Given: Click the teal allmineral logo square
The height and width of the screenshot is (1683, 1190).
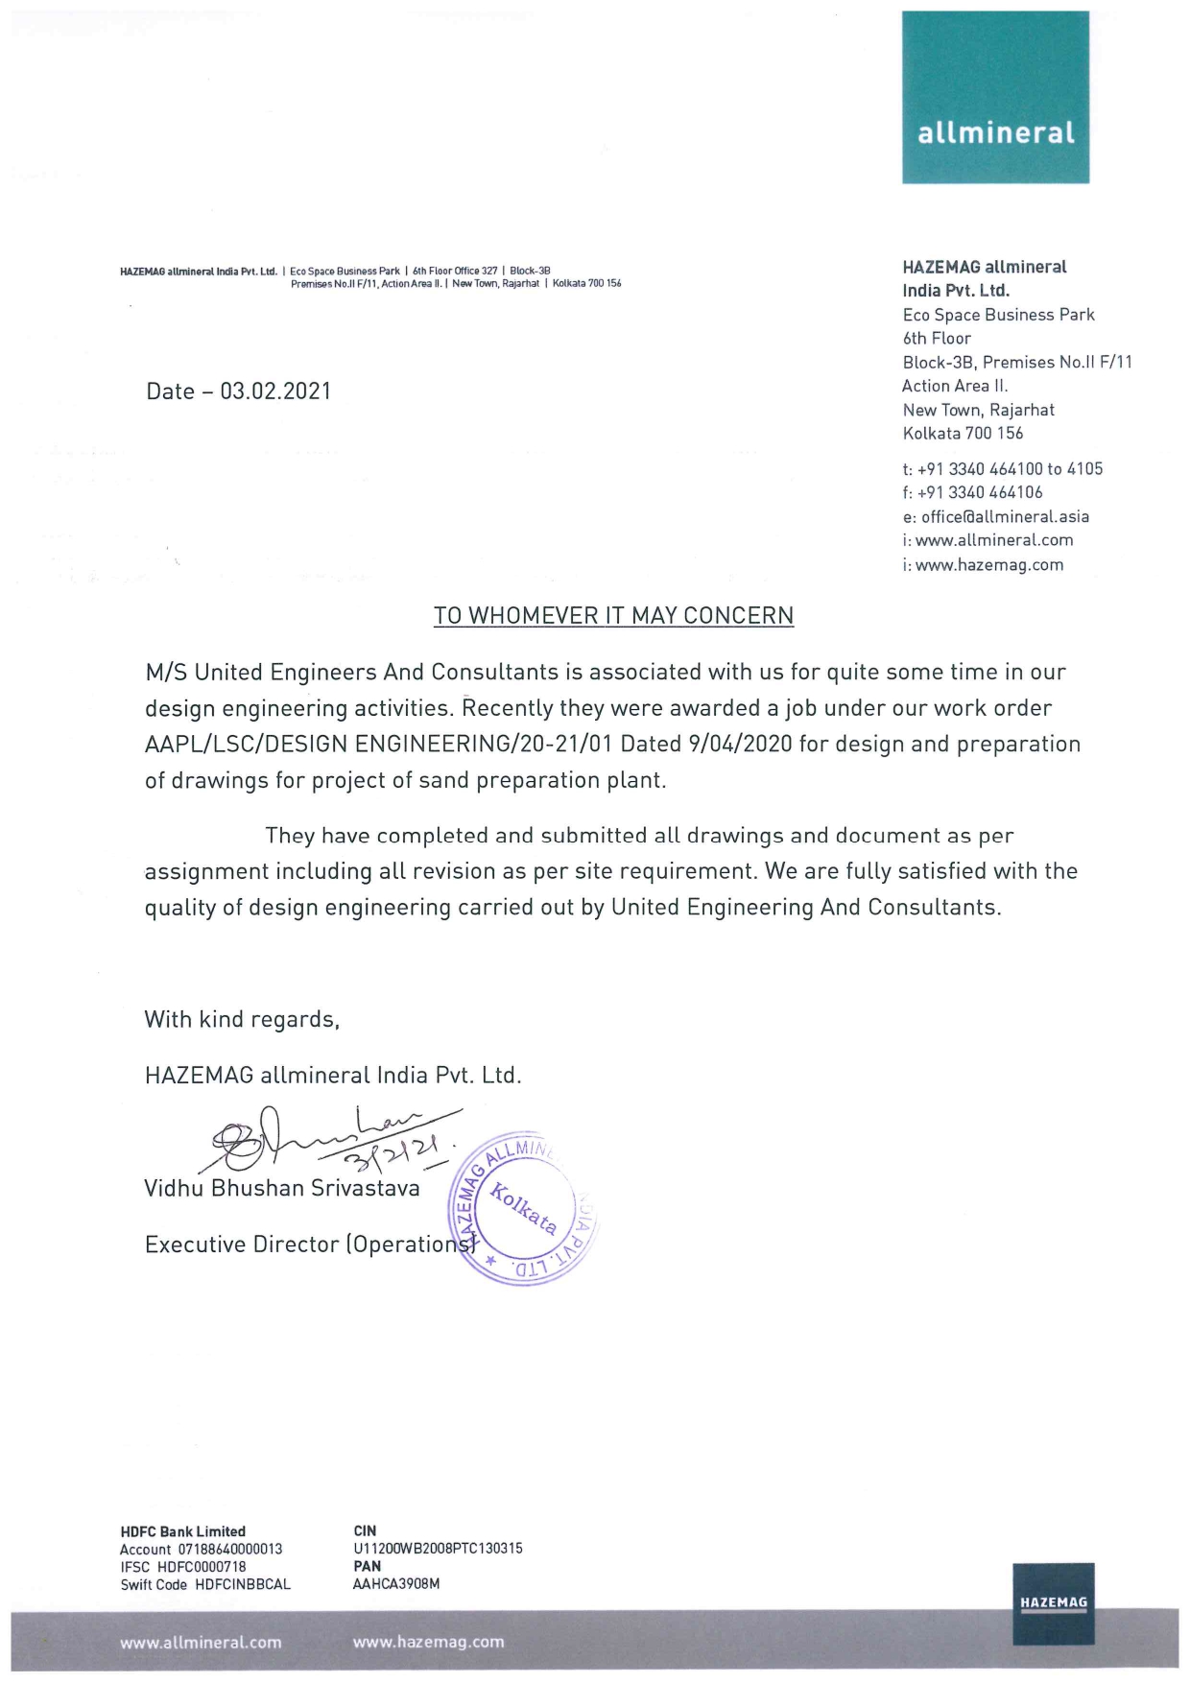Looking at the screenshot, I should [995, 97].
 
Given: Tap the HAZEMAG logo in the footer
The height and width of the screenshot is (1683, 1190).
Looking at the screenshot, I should [1053, 1603].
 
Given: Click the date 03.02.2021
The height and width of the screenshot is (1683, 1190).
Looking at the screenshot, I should [275, 391].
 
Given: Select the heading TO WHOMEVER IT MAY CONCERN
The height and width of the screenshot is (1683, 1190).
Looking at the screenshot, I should [613, 616].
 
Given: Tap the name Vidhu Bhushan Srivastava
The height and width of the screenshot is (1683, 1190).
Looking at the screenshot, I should [282, 1189].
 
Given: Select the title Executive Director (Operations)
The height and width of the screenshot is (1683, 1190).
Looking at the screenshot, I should [309, 1244].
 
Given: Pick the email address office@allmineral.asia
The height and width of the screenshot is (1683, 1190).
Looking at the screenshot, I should [1005, 517].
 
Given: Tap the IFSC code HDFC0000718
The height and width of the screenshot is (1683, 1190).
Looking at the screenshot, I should [202, 1567].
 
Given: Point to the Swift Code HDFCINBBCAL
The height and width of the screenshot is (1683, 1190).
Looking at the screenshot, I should [242, 1584].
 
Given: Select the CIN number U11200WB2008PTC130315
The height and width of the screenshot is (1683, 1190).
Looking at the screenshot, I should [438, 1549].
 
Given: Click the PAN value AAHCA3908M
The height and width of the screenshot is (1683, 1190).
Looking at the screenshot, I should [396, 1584].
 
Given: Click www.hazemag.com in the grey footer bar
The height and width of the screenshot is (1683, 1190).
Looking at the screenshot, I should [428, 1642].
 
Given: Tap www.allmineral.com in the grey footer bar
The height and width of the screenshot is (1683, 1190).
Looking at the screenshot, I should [201, 1643].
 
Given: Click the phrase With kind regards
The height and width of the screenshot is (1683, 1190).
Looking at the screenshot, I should [242, 1020].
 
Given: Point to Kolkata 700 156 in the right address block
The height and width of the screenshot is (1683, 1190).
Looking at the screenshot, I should [963, 434].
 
